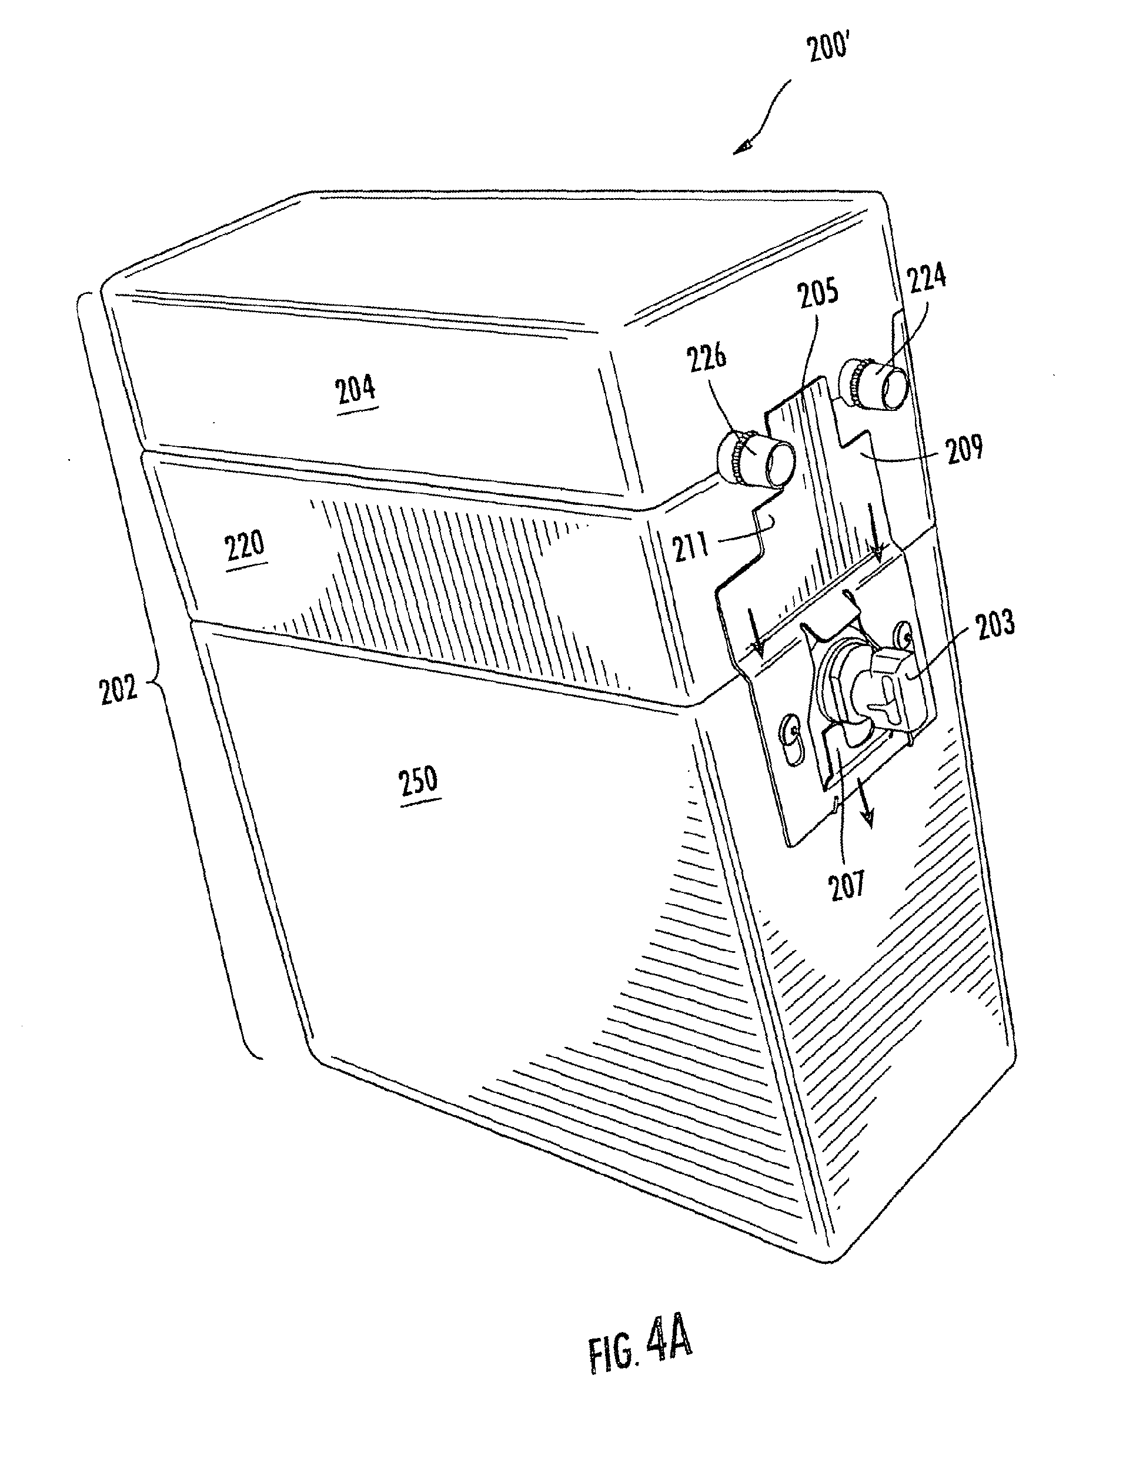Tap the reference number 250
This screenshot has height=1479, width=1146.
coord(419,780)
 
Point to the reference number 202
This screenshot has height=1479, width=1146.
coord(119,689)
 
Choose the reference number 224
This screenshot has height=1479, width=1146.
coord(926,277)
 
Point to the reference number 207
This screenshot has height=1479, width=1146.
coord(847,885)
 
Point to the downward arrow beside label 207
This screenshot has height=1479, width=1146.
coord(864,806)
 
